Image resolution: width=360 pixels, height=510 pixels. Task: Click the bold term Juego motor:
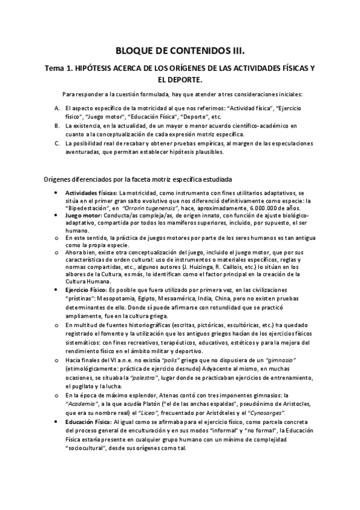coord(84,215)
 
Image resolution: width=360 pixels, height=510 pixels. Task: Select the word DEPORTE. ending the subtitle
coord(180,79)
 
